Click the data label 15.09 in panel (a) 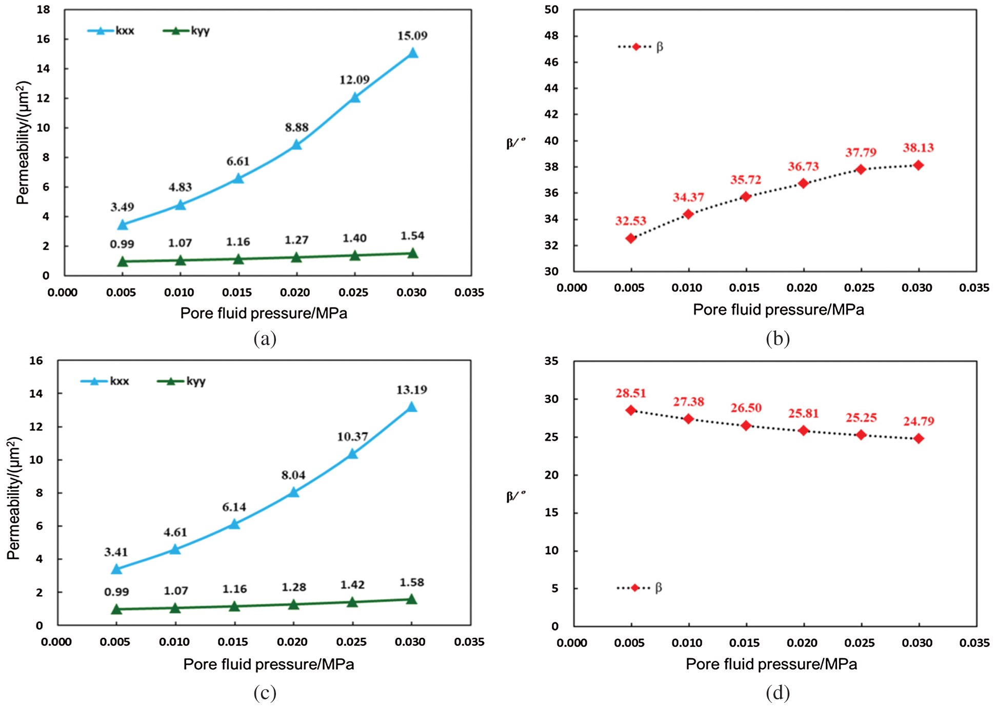(x=412, y=35)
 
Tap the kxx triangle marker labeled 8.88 (x=296, y=145)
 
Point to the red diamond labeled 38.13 (x=919, y=165)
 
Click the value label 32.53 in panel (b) (x=631, y=221)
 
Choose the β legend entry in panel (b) (x=641, y=47)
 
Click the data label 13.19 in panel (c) (x=411, y=390)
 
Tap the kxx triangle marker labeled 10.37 (x=352, y=453)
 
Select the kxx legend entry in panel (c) (x=106, y=381)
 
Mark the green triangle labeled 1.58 (x=411, y=599)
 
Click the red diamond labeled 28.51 (x=631, y=410)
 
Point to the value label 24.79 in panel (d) (x=919, y=421)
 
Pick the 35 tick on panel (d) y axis (x=551, y=361)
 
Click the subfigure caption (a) (x=265, y=338)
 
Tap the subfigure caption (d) (x=778, y=693)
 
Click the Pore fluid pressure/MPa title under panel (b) (x=778, y=310)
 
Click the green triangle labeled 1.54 (x=413, y=253)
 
